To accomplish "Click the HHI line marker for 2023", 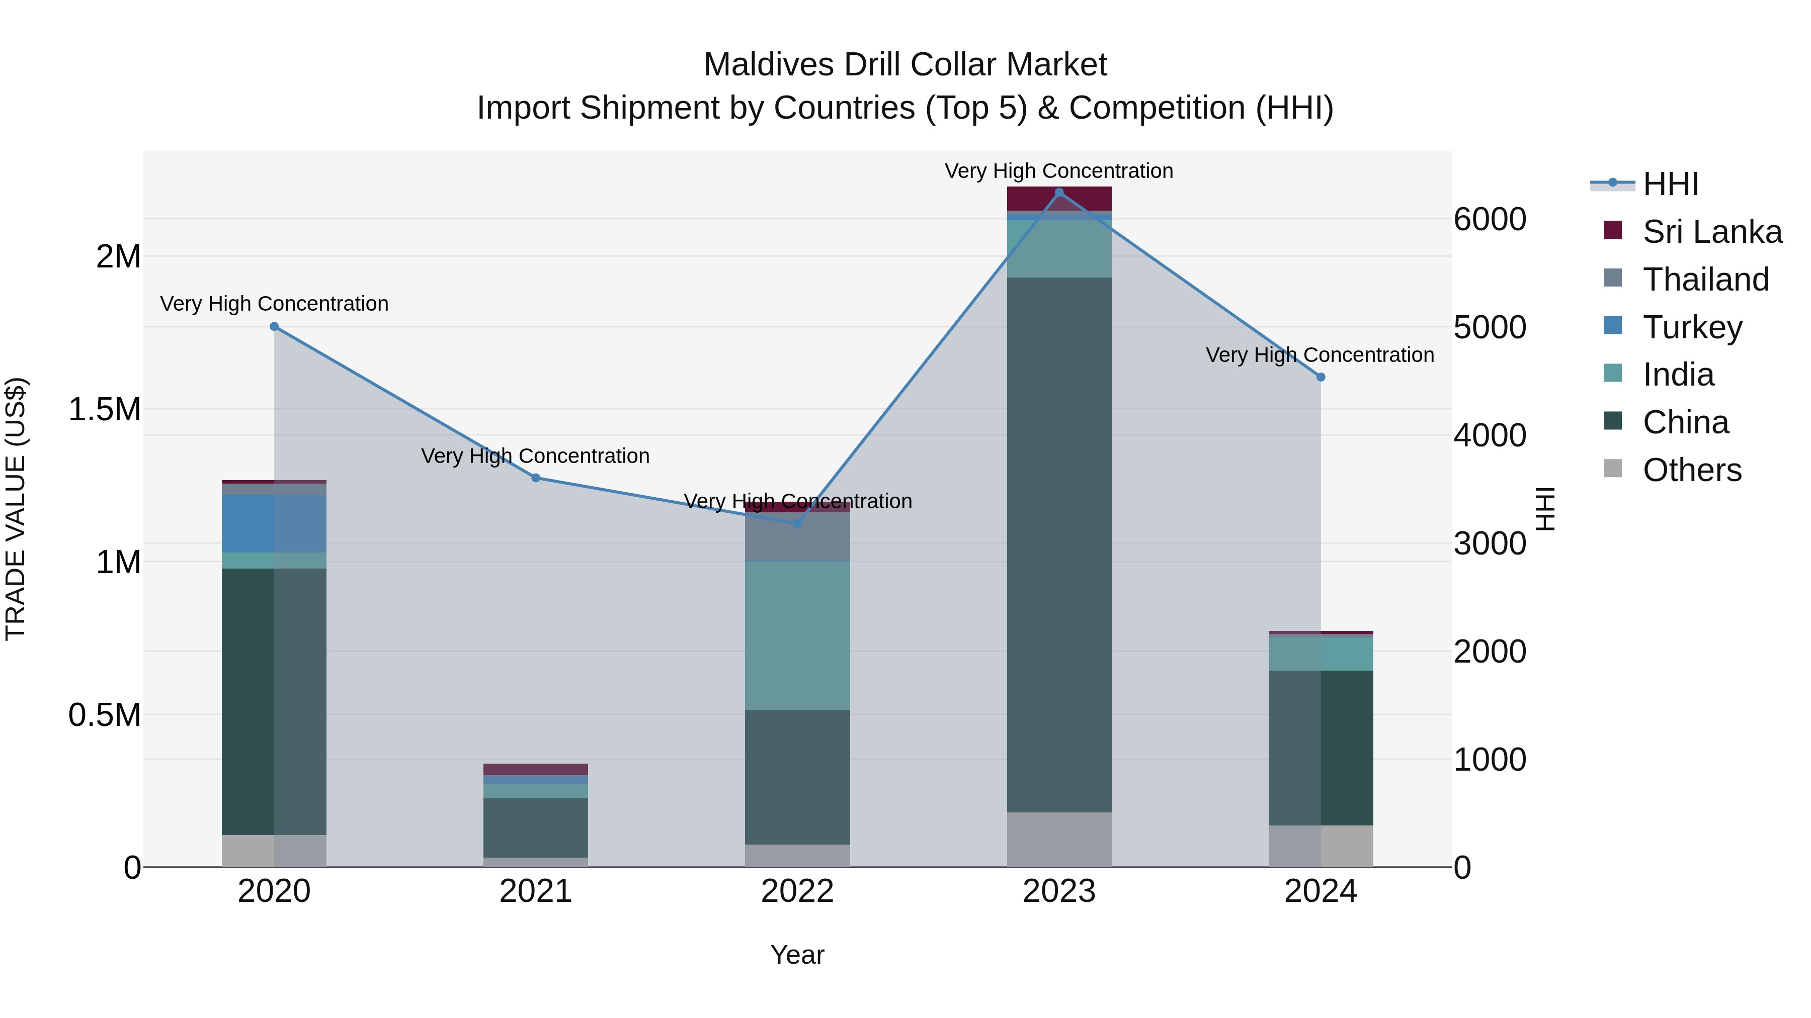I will (x=1059, y=193).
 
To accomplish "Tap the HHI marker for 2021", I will (x=536, y=478).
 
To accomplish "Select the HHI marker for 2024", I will (x=1321, y=377).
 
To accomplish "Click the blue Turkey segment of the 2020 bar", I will (x=248, y=523).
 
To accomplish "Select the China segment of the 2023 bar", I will (x=1059, y=544).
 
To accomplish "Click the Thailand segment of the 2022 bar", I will (x=797, y=537).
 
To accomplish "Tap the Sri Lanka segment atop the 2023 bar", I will (x=1059, y=199).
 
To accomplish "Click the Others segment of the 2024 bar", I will (x=1321, y=846).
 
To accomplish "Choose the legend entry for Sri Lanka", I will (x=1712, y=232).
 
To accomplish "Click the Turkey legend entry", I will (x=1692, y=327).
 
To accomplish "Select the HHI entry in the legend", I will (x=1670, y=184).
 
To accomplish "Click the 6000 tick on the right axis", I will (x=1489, y=219).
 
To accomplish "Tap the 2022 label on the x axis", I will (x=797, y=891).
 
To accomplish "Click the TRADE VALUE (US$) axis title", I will (x=16, y=509).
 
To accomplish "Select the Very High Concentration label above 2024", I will (x=1320, y=355).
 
